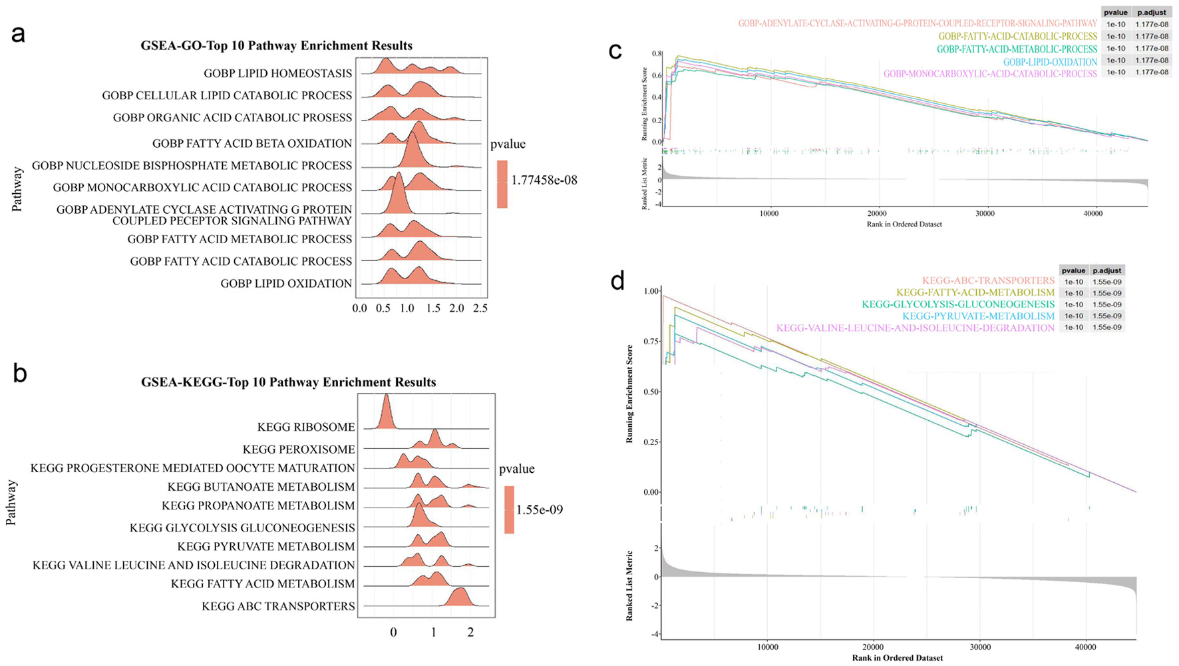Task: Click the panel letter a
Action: [19, 34]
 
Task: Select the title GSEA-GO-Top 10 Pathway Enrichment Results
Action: [276, 46]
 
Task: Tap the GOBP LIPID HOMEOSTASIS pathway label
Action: [277, 73]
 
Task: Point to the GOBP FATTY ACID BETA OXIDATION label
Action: [252, 143]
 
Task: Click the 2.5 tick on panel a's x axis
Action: [480, 308]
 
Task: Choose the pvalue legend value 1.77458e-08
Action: [544, 180]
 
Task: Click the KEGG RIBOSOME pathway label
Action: [306, 427]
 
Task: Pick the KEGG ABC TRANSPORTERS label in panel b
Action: [278, 606]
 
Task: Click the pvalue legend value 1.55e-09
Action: [540, 509]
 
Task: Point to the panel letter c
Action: [615, 51]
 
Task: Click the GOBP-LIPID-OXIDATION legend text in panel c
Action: [1050, 62]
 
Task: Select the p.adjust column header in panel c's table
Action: [1152, 13]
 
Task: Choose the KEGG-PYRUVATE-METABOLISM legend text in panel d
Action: [978, 316]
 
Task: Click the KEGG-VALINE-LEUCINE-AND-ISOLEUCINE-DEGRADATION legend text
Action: [915, 328]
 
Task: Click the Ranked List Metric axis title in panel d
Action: [629, 586]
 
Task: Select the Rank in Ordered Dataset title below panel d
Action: [897, 658]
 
